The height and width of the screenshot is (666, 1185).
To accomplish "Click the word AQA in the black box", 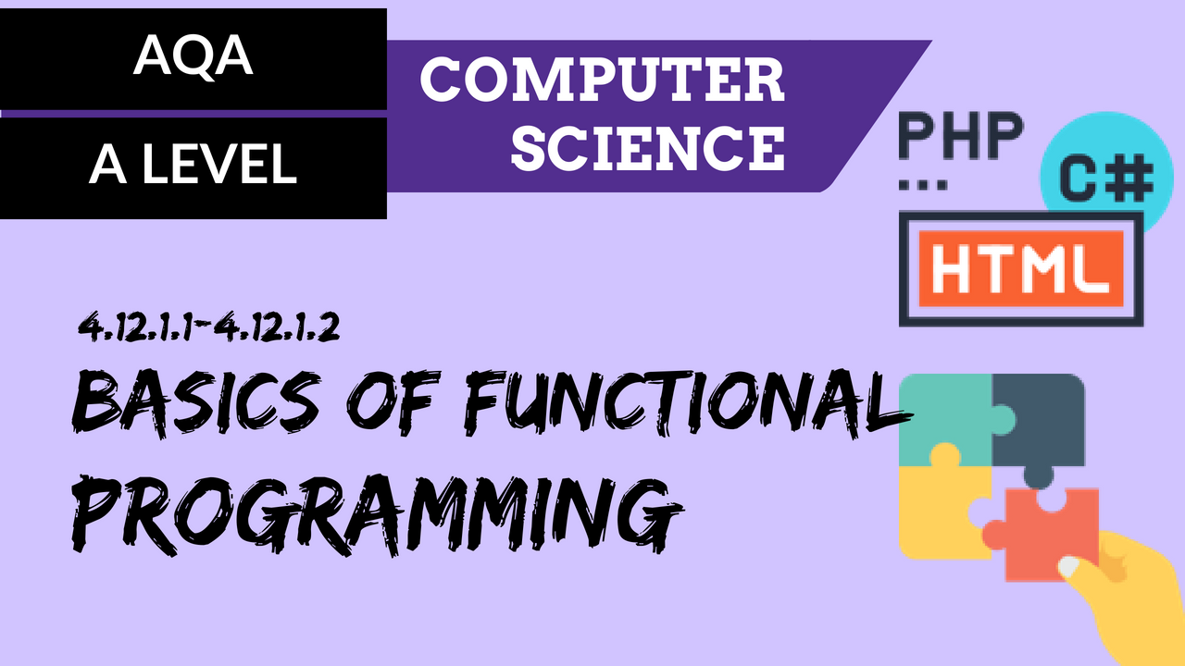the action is point(193,56).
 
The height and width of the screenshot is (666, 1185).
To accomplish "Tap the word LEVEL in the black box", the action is point(219,164).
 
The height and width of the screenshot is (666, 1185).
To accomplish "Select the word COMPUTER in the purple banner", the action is point(602,80).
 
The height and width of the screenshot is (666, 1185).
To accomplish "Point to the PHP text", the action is point(961,137).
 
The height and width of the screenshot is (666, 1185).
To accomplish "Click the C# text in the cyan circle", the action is point(1106,179).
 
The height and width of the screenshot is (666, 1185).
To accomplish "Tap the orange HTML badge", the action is point(1021,268).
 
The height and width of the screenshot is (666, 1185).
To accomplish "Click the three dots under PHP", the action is point(923,185).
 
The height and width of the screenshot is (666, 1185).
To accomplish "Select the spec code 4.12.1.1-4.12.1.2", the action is point(208,327).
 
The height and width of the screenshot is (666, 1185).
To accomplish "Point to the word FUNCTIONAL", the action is point(688,402).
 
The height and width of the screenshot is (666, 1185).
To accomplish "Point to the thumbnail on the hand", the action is point(1068,566).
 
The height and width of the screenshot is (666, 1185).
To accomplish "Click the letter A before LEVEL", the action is point(108,164).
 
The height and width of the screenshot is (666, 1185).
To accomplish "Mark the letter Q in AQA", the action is point(193,57).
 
